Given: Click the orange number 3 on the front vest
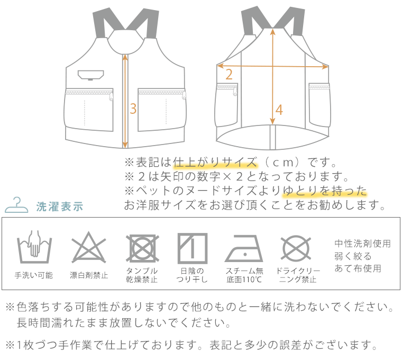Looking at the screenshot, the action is (x=133, y=109).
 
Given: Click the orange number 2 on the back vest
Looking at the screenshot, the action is (x=229, y=75).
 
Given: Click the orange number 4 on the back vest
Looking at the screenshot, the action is (x=279, y=110).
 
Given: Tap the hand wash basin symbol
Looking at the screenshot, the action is (x=34, y=247).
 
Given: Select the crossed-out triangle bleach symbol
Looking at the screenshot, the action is (x=89, y=248).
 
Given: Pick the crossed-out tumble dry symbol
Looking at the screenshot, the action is (x=142, y=248).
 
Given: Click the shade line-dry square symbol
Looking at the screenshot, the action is (x=193, y=248).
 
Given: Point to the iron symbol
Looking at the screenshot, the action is (x=244, y=249).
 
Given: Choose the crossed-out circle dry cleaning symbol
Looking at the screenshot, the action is (x=296, y=248).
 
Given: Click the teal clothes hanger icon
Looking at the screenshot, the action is (x=16, y=205).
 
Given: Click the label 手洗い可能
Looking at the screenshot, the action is (x=33, y=275).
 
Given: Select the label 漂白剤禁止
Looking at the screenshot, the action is (x=89, y=275).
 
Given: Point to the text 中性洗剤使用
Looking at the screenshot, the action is (x=362, y=244).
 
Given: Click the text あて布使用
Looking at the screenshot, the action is (x=358, y=268).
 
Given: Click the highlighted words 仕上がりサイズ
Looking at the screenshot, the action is (x=215, y=162).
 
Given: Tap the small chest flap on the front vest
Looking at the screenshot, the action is (x=91, y=75).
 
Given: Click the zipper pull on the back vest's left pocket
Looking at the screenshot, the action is (x=235, y=91).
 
